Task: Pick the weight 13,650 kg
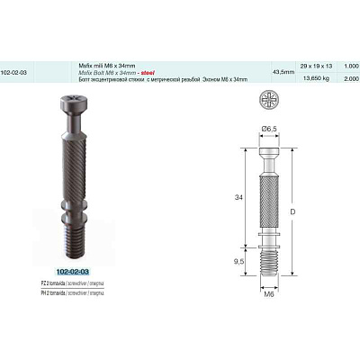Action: click(x=319, y=78)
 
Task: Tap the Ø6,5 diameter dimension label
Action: click(x=268, y=129)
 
